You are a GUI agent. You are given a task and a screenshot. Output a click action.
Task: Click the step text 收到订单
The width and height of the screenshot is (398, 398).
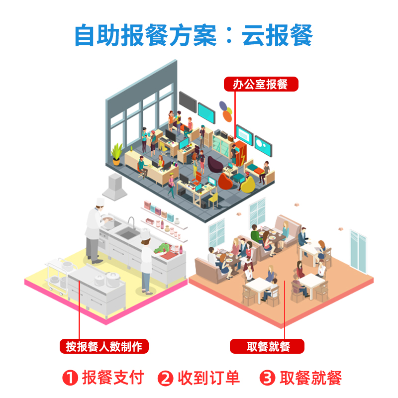pyautogui.click(x=208, y=378)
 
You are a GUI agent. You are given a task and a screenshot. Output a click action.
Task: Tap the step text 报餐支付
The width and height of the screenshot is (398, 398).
pyautogui.click(x=113, y=378)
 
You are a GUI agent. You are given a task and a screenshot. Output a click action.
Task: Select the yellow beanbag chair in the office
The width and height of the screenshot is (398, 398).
pyautogui.click(x=245, y=185)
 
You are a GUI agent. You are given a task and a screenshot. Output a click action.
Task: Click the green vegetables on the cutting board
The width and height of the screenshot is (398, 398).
pyautogui.click(x=164, y=247)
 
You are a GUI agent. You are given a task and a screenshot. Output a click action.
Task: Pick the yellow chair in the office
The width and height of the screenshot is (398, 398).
pyautogui.click(x=213, y=198)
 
